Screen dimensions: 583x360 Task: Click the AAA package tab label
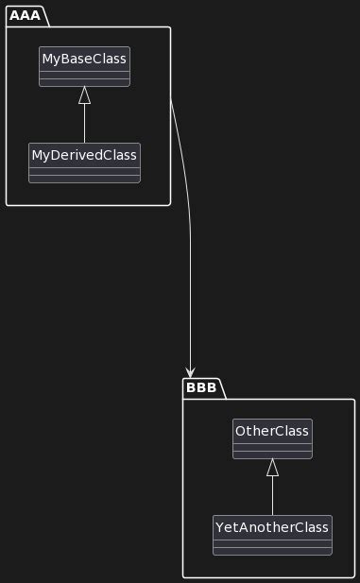click(26, 14)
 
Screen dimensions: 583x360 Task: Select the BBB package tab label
click(200, 386)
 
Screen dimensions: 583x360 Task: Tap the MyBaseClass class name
click(84, 59)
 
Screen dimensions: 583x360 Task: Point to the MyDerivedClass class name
click(84, 154)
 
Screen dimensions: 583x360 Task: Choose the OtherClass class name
click(272, 431)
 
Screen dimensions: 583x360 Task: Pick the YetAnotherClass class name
click(272, 526)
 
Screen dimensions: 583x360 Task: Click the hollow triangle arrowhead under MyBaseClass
click(84, 94)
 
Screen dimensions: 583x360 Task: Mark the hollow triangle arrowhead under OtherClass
click(272, 467)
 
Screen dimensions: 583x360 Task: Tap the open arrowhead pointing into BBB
click(191, 371)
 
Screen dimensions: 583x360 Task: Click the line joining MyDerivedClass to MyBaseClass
click(84, 123)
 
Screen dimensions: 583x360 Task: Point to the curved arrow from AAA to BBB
click(190, 236)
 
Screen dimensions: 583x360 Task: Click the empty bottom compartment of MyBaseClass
click(84, 81)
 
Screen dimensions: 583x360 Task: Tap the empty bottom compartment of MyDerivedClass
click(84, 177)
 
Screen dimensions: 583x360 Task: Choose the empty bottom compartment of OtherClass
click(272, 454)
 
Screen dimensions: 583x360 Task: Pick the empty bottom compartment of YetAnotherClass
click(272, 549)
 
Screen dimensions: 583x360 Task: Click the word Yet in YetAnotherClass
click(228, 526)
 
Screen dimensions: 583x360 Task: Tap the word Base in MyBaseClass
click(81, 59)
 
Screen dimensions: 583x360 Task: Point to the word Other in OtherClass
click(255, 431)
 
